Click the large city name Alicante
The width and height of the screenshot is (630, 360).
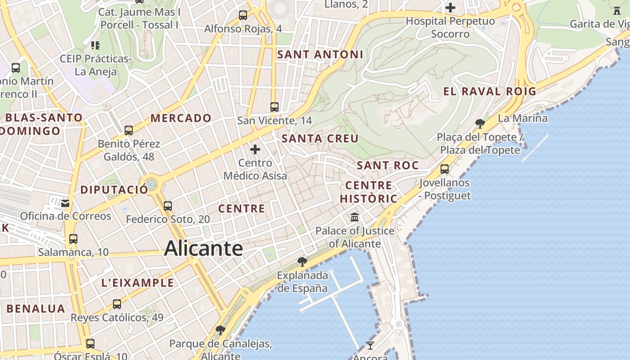[x=203, y=248]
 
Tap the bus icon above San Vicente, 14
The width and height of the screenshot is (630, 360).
[x=274, y=107]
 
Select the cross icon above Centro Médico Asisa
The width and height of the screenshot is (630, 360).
[x=255, y=149]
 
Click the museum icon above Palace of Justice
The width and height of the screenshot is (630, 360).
[x=355, y=217]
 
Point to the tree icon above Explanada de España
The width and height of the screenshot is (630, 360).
[x=302, y=261]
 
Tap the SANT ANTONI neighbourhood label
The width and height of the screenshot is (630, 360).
[x=320, y=54]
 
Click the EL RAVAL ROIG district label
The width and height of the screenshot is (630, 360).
[x=490, y=91]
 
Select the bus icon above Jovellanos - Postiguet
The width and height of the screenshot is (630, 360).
[x=445, y=169]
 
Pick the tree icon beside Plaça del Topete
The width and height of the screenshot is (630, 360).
[x=480, y=123]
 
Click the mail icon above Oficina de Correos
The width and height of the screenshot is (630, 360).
[x=65, y=203]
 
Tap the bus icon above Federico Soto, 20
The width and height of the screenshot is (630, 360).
[x=168, y=206]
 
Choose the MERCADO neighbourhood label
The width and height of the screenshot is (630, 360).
[x=181, y=118]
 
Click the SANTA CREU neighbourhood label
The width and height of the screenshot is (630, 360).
[x=320, y=139]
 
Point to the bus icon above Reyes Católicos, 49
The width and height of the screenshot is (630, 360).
[x=117, y=304]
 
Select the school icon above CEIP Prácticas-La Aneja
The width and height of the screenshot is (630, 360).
[x=95, y=45]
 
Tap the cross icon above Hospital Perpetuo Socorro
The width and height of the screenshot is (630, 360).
[x=450, y=8]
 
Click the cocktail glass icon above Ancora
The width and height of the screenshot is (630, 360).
[x=370, y=346]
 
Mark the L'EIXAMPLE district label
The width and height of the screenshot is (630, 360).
[x=138, y=283]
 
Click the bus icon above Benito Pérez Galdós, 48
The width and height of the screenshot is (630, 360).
[x=129, y=130]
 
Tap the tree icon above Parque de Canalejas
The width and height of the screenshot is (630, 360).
[x=220, y=330]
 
